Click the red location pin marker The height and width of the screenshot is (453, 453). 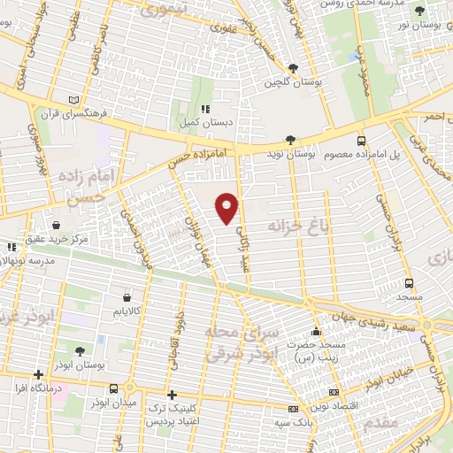coord(228,207)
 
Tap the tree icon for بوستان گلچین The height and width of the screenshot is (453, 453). coord(293,68)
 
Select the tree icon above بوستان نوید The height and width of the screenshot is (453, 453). coord(291,139)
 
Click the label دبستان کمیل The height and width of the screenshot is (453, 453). coord(207,123)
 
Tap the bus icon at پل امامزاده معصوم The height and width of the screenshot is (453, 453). coord(361,140)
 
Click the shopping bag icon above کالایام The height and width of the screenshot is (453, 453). coord(129,298)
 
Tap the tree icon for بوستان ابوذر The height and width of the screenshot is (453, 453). coord(81,351)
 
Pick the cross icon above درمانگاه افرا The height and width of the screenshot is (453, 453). coord(37,374)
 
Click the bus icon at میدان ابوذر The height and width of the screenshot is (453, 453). coord(113,388)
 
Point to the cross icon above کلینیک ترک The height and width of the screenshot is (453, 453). coord(172,395)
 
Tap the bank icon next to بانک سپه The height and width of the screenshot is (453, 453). coord(292,409)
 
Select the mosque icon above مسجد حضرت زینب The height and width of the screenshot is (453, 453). coord(316,332)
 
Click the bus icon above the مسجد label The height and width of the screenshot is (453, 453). coord(409,283)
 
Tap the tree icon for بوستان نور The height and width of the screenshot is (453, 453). coord(418,11)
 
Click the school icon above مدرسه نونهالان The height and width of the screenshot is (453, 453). coord(12,247)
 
